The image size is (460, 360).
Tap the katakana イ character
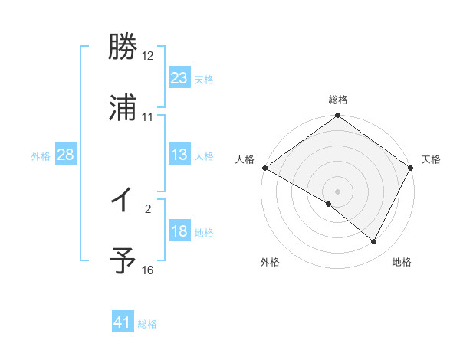point(123,201)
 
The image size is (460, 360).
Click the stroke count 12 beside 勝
point(148,56)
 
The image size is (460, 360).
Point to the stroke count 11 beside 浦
point(148,116)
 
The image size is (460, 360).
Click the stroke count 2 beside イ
point(148,208)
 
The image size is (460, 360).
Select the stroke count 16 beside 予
point(148,270)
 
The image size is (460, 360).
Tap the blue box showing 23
point(179,77)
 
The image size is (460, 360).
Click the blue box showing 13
point(179,155)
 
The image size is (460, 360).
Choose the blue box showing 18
point(179,231)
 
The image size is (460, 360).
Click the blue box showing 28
point(65,155)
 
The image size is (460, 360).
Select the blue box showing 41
point(123,322)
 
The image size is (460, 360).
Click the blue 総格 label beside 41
point(147,324)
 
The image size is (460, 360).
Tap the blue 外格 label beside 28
point(41,156)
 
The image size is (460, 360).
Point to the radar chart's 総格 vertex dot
point(337,116)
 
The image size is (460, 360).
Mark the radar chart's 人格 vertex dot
point(264,168)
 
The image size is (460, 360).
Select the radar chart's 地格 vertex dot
point(374,242)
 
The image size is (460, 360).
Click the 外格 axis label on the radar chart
point(270,262)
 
